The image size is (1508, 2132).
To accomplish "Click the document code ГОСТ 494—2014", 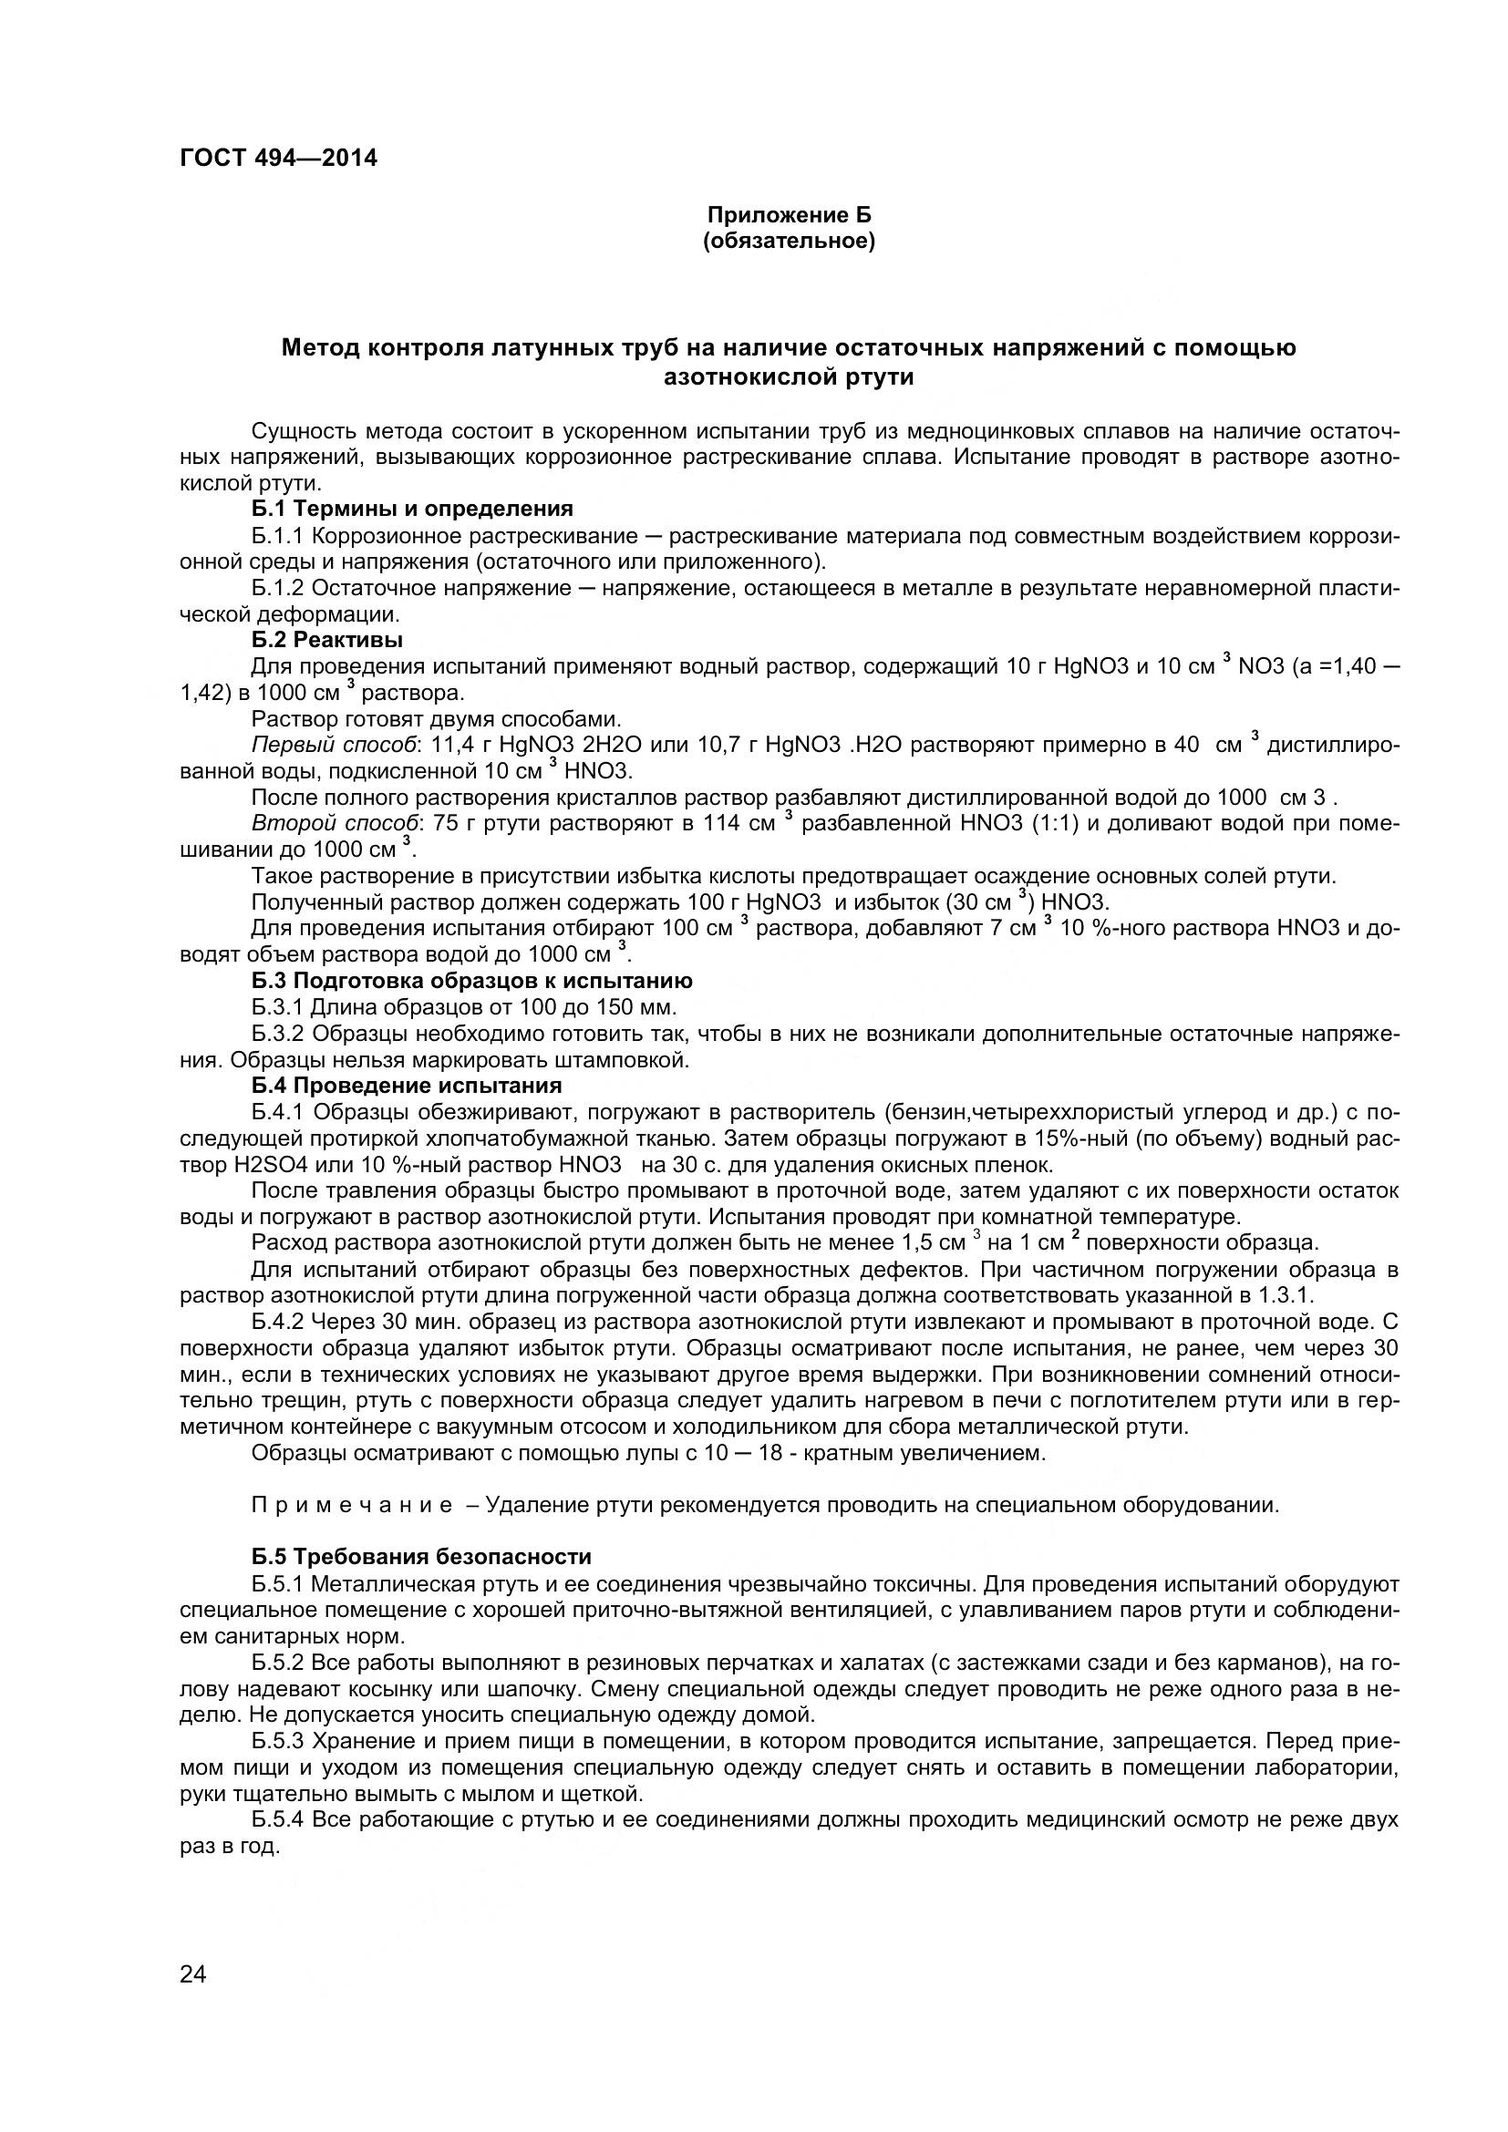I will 278,158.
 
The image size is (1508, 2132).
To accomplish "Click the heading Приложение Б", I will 790,215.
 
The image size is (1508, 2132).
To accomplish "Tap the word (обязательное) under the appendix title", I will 790,242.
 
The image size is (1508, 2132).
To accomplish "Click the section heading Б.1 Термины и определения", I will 411,509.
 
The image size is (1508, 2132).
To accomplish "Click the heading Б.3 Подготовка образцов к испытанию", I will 471,981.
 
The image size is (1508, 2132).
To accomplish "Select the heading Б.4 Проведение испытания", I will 406,1086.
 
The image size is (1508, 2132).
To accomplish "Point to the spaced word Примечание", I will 351,1505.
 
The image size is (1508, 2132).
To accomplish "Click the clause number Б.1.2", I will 278,588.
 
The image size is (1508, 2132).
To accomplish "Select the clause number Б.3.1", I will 278,1007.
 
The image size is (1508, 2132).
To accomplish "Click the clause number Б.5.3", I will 278,1739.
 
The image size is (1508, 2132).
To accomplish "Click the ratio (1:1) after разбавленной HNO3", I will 1056,824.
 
